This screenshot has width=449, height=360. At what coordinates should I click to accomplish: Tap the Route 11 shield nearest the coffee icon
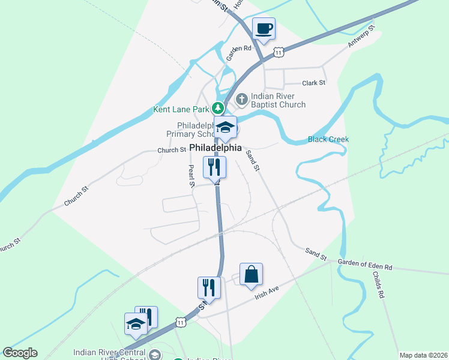click(278, 53)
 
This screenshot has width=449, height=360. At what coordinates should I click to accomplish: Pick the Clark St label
click(313, 83)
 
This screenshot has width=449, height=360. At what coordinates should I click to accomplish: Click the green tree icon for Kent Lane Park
click(219, 109)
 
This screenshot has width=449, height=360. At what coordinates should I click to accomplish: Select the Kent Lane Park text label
click(181, 109)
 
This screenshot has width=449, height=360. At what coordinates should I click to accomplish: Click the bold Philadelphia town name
click(215, 148)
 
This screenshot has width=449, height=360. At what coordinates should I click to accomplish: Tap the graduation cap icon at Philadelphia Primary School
click(226, 128)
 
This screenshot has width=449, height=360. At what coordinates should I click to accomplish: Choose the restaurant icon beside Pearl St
click(214, 166)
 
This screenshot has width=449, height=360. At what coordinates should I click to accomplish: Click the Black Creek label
click(328, 139)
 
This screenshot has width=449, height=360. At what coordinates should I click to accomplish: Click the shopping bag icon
click(251, 274)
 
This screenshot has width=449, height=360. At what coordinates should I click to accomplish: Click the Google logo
click(20, 353)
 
